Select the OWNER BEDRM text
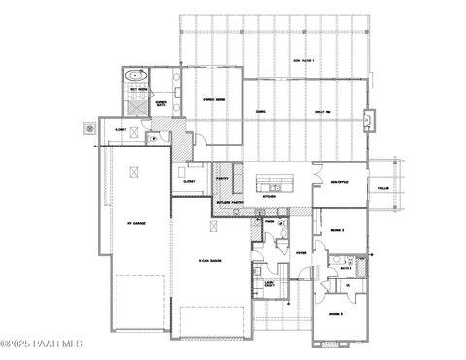tap(215, 97)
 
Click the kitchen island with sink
tap(276, 183)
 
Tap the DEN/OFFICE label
tap(339, 181)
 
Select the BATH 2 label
tap(343, 264)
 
